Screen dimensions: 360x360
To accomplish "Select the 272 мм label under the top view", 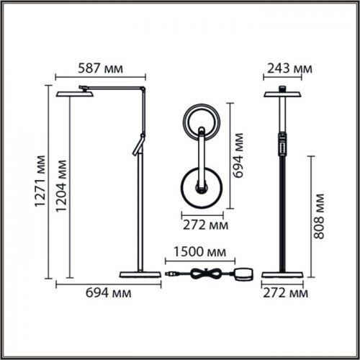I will (x=202, y=225).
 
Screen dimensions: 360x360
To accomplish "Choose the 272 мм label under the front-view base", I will (x=285, y=294).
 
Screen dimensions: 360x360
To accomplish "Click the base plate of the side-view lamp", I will (x=139, y=274).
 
